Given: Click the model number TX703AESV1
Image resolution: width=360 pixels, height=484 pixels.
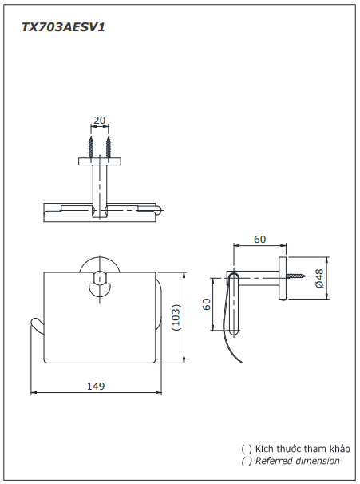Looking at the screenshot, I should pyautogui.click(x=64, y=26).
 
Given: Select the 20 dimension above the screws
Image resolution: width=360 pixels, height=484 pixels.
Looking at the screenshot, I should pyautogui.click(x=100, y=121).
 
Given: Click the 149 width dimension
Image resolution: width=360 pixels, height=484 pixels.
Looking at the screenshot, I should pyautogui.click(x=96, y=387).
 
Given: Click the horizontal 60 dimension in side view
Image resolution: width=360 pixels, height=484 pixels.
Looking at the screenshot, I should pyautogui.click(x=259, y=239).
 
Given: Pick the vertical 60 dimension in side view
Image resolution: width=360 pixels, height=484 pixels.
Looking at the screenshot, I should pyautogui.click(x=206, y=304).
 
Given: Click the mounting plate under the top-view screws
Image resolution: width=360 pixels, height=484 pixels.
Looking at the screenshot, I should pyautogui.click(x=100, y=161).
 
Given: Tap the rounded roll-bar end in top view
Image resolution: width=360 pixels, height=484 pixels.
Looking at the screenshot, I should pyautogui.click(x=160, y=212).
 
